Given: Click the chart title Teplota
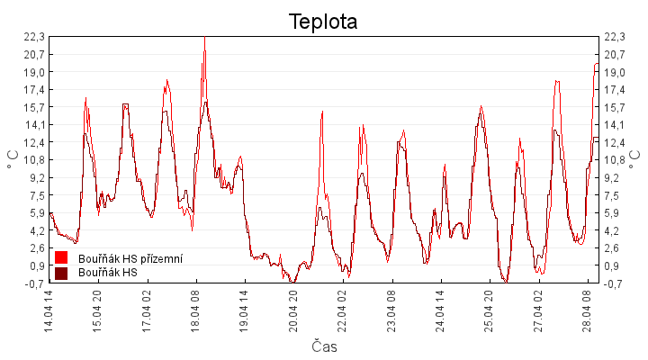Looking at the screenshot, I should click(x=323, y=22).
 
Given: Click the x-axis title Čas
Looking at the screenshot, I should click(x=324, y=346).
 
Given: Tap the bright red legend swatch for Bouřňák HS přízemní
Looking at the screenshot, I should click(x=61, y=258).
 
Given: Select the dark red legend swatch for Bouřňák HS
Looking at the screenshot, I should click(x=61, y=273).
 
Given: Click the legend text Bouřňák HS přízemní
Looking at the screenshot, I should click(x=130, y=258).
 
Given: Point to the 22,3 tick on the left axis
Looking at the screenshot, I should click(x=34, y=37).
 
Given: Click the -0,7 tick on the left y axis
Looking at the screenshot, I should click(x=34, y=283).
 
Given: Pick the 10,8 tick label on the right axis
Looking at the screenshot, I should click(x=615, y=160).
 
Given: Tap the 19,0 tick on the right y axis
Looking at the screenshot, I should click(x=615, y=72).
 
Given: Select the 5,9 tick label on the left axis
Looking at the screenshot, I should click(x=34, y=213).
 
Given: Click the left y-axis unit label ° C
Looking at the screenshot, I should click(x=13, y=160).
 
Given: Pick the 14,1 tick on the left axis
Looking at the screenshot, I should click(x=34, y=125).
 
